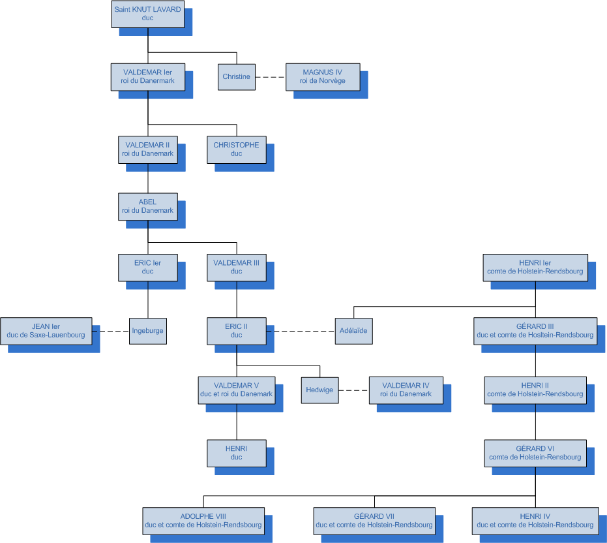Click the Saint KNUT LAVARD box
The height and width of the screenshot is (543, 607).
click(x=147, y=14)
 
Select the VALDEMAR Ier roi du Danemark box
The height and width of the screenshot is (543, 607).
click(x=147, y=76)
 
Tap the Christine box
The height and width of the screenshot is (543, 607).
click(x=236, y=76)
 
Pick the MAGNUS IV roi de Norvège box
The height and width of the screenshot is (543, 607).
click(x=323, y=76)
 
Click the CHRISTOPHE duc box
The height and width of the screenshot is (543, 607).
click(x=236, y=149)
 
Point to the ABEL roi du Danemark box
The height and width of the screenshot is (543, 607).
click(x=147, y=206)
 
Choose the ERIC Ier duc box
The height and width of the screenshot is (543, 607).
click(x=147, y=267)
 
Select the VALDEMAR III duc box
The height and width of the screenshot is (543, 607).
click(x=236, y=267)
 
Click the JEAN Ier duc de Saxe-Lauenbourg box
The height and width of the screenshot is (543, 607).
click(x=46, y=331)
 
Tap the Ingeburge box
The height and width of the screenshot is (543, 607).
click(x=147, y=331)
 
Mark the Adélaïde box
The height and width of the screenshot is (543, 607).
click(x=353, y=331)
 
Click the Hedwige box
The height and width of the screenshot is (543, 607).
click(x=319, y=390)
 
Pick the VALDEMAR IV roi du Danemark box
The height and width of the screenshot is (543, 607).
click(x=406, y=390)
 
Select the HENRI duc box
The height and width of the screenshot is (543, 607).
click(x=236, y=453)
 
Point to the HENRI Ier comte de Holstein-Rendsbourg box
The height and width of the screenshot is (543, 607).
click(x=535, y=267)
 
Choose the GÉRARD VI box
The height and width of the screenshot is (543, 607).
click(x=535, y=453)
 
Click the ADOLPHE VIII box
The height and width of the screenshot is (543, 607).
click(x=203, y=520)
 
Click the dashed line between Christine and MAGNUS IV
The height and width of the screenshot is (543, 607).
click(x=271, y=77)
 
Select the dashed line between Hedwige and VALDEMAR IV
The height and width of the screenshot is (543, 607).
click(x=353, y=390)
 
